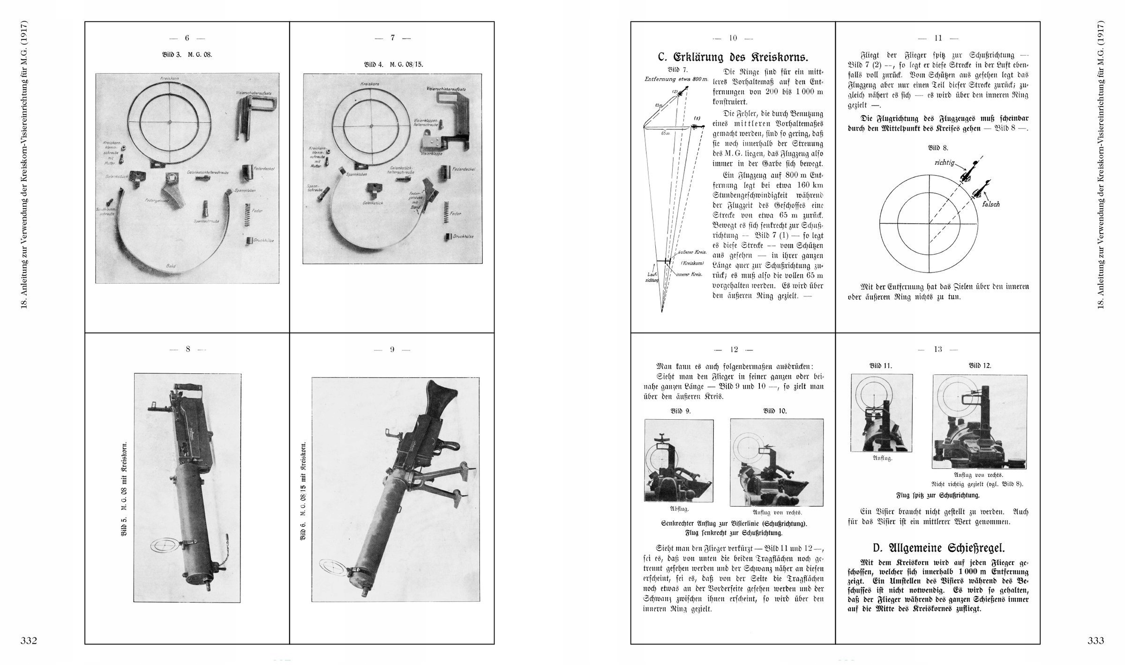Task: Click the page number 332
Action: [x=29, y=641]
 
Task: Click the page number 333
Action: [x=1095, y=641]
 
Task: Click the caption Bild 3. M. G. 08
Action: [x=187, y=54]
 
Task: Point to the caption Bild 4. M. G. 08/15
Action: [x=393, y=64]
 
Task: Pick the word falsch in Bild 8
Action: [x=990, y=204]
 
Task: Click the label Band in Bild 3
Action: [x=172, y=266]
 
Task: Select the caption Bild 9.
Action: [x=681, y=411]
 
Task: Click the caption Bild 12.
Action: [x=980, y=365]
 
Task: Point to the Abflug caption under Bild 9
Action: [x=679, y=508]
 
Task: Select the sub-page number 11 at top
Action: [x=937, y=38]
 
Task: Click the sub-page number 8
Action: [x=187, y=349]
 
